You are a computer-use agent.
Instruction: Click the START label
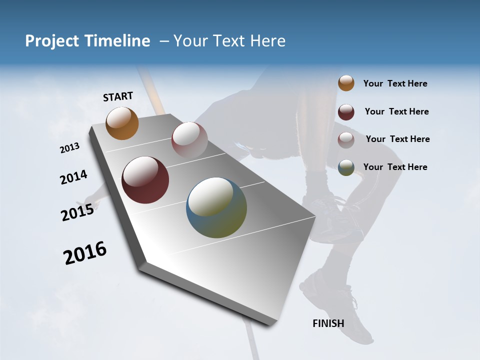click(118, 96)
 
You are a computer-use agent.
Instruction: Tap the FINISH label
click(328, 323)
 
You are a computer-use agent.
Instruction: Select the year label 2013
click(70, 147)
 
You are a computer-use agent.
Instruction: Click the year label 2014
click(74, 177)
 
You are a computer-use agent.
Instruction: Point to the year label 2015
click(77, 212)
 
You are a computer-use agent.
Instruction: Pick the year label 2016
click(85, 252)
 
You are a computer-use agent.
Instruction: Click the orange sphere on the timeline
click(122, 123)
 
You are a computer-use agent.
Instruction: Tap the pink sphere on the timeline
click(189, 140)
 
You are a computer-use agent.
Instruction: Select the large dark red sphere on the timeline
click(145, 180)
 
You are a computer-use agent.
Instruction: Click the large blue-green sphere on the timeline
click(216, 207)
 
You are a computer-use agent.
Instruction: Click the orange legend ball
click(346, 83)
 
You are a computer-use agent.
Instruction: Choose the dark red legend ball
click(346, 111)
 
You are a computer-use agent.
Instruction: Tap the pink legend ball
click(346, 139)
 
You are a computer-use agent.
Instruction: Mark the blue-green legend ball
click(346, 167)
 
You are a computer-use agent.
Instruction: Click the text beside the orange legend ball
click(395, 83)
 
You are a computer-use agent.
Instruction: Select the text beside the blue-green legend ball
click(395, 167)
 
